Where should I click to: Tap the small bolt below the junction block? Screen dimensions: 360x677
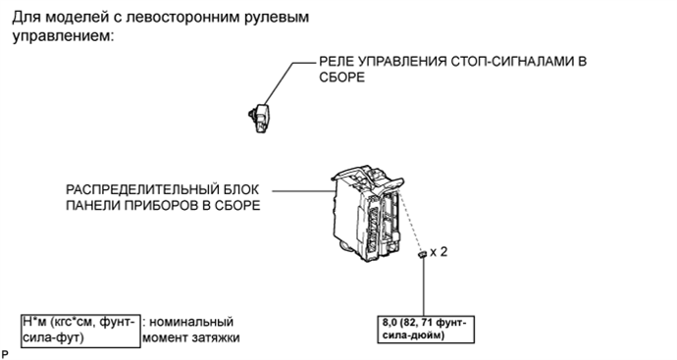pyautogui.click(x=422, y=255)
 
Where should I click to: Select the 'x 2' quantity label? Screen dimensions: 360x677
pyautogui.click(x=440, y=252)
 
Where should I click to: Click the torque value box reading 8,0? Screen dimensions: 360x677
pyautogui.click(x=427, y=328)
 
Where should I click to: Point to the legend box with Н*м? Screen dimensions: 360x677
pyautogui.click(x=78, y=329)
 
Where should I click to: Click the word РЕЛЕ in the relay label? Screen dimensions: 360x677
pyautogui.click(x=337, y=61)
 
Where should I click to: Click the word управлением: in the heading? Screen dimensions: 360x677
pyautogui.click(x=63, y=35)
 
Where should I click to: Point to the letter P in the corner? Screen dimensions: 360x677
pyautogui.click(x=5, y=351)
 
